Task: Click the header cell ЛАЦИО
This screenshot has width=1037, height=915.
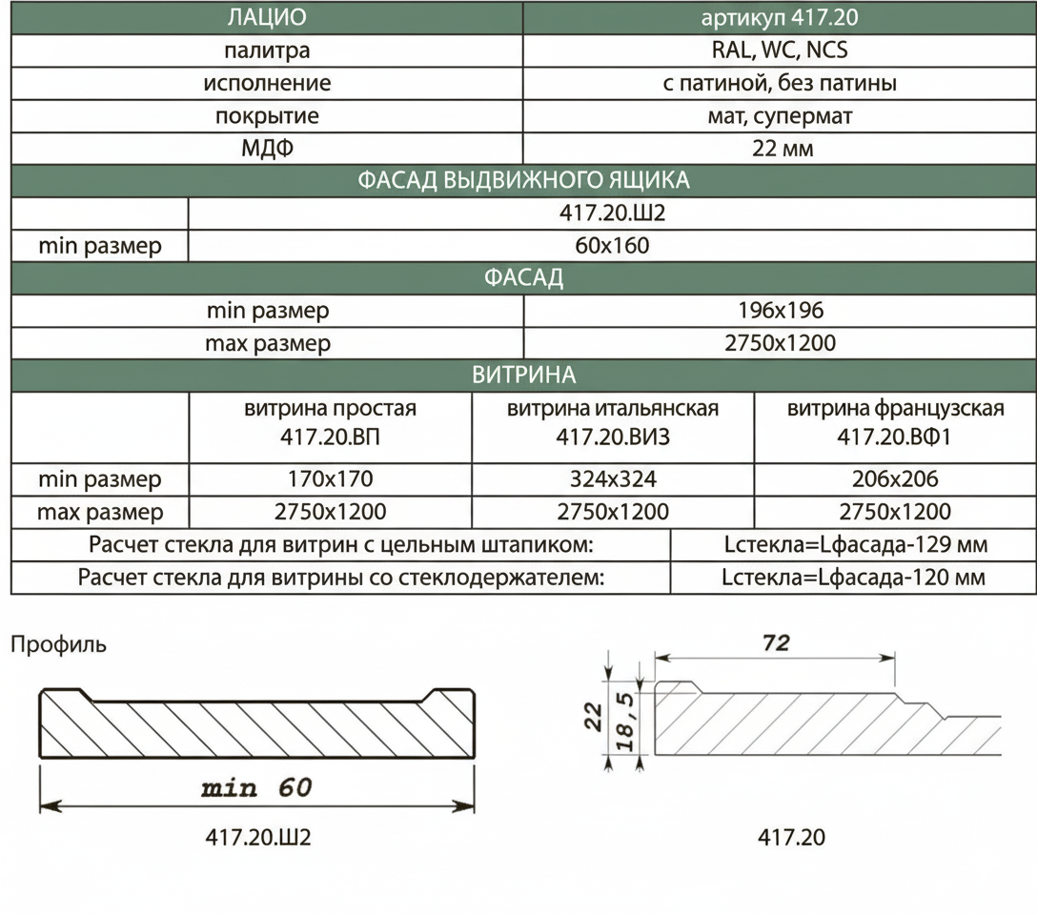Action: click(267, 17)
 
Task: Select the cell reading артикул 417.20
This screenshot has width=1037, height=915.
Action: click(780, 17)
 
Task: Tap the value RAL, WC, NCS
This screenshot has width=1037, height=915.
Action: click(780, 51)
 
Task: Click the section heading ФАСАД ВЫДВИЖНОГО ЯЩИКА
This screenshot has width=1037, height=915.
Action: click(523, 180)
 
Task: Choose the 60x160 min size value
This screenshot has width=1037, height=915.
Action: click(612, 245)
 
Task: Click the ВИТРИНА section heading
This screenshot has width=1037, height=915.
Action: click(523, 375)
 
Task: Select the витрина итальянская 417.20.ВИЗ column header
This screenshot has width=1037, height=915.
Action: click(613, 422)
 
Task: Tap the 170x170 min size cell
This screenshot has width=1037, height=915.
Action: click(330, 478)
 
